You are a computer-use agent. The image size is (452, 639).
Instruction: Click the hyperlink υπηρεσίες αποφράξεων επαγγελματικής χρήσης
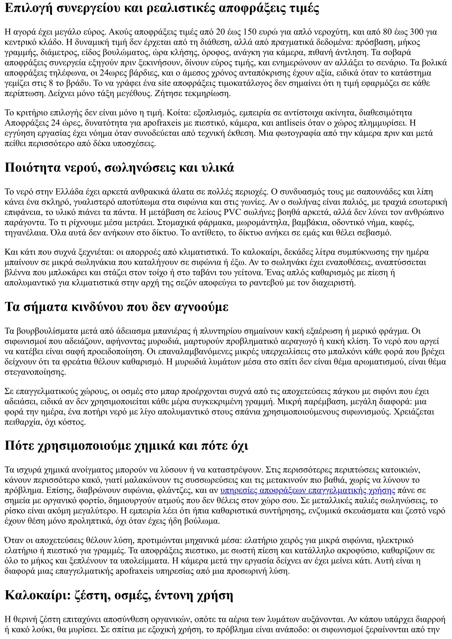(307, 490)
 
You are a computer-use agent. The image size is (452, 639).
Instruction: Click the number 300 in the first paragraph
(416, 32)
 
